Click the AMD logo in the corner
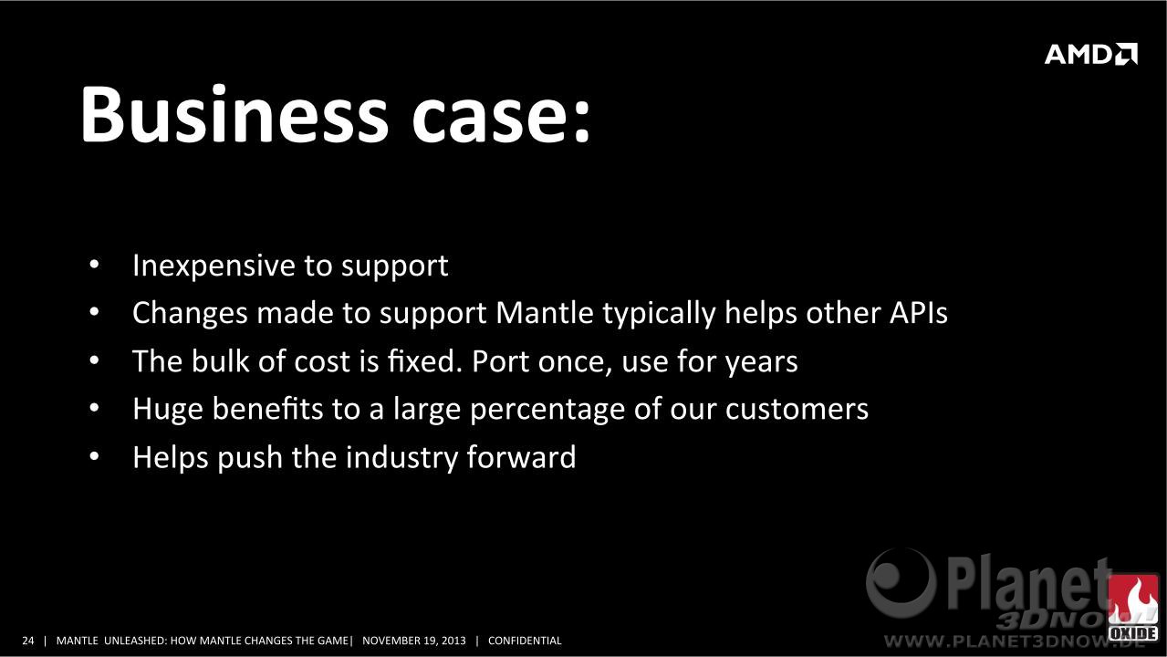(x=1090, y=54)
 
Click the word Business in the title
(x=234, y=113)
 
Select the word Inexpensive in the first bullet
(x=214, y=266)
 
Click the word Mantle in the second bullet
(x=545, y=313)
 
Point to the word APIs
(x=919, y=313)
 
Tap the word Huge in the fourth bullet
(x=167, y=410)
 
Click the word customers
(x=797, y=409)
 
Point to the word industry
(x=401, y=457)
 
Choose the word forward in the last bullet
(x=521, y=457)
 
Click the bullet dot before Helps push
(x=94, y=456)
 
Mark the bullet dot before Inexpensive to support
(x=94, y=264)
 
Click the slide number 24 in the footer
(x=27, y=641)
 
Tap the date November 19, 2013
(x=414, y=641)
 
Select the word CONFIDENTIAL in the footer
(x=525, y=641)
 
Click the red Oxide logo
(x=1132, y=607)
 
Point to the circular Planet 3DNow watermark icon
(x=901, y=583)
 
